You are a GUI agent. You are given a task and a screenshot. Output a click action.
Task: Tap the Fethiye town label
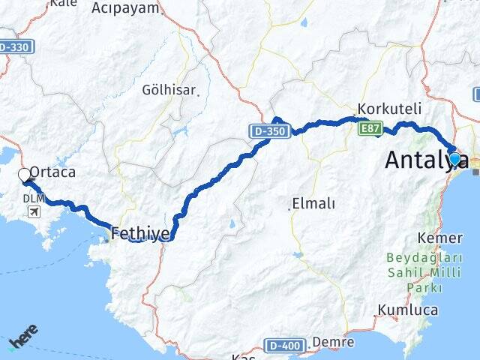coord(139,233)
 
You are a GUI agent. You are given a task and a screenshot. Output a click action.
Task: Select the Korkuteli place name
coord(389,107)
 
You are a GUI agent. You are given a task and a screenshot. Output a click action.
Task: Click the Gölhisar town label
coord(169,90)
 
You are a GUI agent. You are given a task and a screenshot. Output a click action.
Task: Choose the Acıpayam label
coord(125,8)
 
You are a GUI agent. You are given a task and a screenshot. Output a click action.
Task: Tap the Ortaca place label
coord(52,172)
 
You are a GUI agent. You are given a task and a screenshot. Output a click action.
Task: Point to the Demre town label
coord(332,342)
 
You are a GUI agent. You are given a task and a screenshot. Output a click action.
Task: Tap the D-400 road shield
coord(284,345)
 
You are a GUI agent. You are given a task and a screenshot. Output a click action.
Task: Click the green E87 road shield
coord(370,129)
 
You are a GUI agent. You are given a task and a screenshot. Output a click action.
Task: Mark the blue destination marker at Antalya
coord(454,159)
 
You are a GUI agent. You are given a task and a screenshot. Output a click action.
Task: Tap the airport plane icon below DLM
coord(34,211)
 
